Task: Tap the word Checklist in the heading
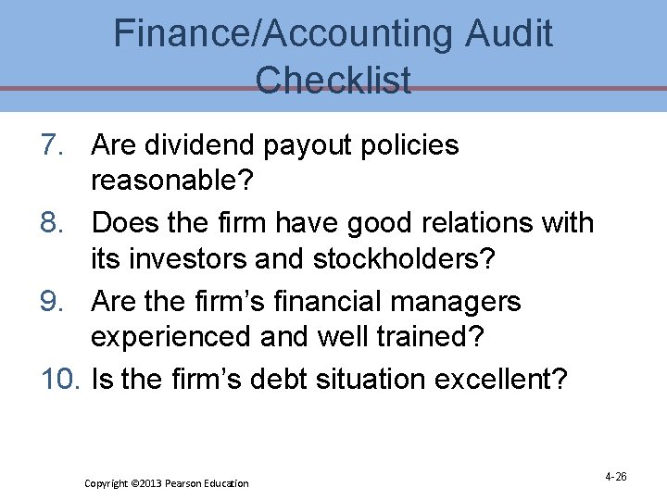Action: (333, 80)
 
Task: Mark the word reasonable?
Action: (172, 181)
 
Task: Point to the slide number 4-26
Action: (616, 476)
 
